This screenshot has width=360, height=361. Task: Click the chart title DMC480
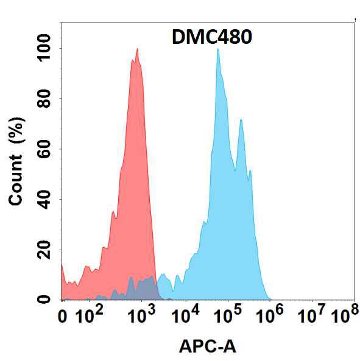tap(212, 37)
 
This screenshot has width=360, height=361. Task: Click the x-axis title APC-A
tap(208, 346)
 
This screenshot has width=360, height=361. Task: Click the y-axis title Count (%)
tap(16, 161)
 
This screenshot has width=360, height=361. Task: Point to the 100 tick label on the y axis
tap(44, 48)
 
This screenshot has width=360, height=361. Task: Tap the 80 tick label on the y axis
tap(44, 99)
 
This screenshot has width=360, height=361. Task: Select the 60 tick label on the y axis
tap(44, 149)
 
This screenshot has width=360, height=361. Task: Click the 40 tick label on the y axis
tap(44, 200)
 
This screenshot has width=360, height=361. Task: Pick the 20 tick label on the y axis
tap(44, 250)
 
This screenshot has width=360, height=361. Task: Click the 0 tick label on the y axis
tap(44, 300)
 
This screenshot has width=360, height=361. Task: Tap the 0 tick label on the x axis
tap(62, 317)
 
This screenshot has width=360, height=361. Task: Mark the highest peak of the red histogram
tap(137, 48)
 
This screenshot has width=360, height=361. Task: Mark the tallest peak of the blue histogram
tap(217, 49)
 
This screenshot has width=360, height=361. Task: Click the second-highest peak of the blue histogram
tap(241, 119)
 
